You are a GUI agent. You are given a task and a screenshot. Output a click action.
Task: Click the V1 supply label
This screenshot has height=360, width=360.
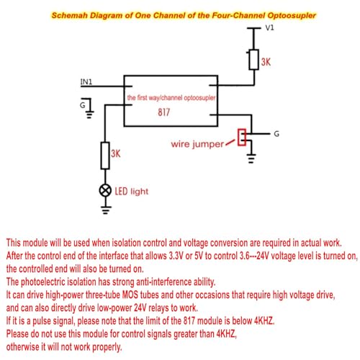(269, 27)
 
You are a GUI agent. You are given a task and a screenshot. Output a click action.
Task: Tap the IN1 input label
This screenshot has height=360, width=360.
(86, 82)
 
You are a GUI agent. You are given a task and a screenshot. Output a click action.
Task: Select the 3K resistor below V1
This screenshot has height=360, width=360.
(253, 60)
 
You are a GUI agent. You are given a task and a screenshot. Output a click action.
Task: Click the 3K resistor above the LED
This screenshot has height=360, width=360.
(105, 156)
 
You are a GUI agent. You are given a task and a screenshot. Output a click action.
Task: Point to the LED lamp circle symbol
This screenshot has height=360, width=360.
(105, 191)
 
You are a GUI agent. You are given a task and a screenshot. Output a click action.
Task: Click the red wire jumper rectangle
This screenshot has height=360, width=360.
(242, 138)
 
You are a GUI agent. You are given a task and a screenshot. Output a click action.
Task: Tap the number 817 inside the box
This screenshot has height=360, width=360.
(164, 112)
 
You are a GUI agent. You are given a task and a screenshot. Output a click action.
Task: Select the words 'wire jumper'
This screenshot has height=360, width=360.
(197, 144)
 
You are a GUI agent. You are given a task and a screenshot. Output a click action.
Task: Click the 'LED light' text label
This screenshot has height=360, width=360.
(132, 192)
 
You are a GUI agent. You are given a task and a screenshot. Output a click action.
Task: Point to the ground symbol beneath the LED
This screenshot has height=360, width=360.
(105, 210)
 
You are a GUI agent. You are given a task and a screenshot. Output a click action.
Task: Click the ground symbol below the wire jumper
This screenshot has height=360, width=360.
(251, 158)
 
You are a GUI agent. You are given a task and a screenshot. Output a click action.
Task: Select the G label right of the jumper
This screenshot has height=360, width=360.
(276, 134)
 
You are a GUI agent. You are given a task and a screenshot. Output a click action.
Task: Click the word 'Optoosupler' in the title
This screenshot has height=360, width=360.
(292, 16)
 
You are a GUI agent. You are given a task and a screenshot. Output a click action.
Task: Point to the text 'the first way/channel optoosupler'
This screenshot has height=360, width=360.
(171, 98)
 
